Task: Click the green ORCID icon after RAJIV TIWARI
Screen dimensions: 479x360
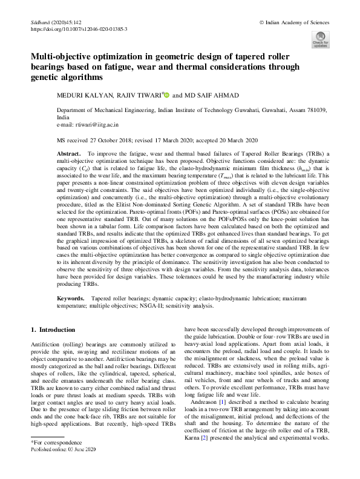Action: [166, 94]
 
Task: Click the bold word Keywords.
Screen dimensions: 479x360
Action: [70, 299]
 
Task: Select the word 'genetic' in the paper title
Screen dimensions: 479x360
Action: [50, 78]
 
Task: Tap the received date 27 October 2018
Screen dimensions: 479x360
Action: [123, 139]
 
